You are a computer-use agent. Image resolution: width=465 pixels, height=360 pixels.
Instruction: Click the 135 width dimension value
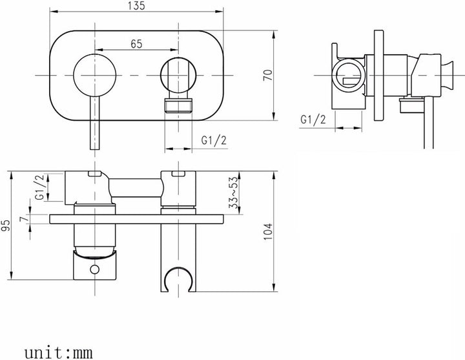[137, 6]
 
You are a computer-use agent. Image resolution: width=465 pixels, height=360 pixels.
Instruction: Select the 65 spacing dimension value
[136, 44]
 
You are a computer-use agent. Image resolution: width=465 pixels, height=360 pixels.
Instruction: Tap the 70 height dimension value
[267, 75]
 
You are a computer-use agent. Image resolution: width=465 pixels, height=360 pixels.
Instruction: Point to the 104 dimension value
[267, 231]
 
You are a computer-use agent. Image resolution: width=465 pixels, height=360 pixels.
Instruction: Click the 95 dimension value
[6, 226]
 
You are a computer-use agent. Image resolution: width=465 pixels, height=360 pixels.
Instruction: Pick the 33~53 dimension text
[234, 193]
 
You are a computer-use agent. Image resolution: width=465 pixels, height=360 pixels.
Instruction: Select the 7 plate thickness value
[24, 219]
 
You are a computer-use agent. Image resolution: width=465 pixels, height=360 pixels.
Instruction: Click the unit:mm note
[58, 353]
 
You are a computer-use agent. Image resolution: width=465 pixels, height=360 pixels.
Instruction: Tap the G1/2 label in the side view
[313, 120]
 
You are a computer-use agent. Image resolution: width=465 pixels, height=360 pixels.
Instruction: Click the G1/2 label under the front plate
[214, 140]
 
